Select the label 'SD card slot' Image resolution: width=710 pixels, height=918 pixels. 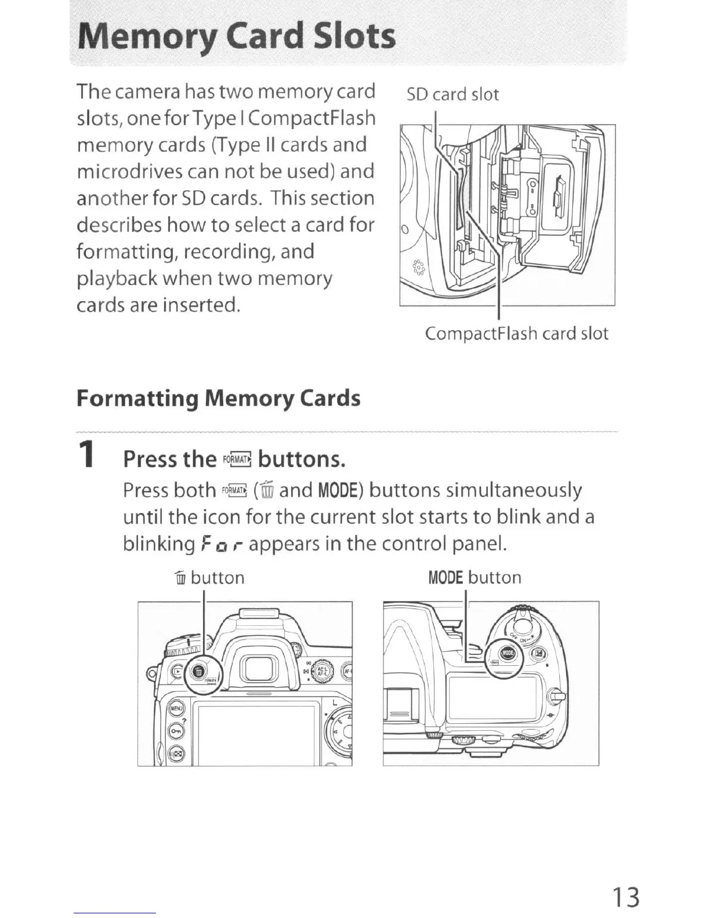coord(452,94)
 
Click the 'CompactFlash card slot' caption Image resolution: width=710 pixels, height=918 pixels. coord(516,333)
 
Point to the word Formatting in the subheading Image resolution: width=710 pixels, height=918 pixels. coord(137,399)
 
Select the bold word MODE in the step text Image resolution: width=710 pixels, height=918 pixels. coord(340,491)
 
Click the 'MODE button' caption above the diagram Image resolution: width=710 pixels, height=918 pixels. coord(474,577)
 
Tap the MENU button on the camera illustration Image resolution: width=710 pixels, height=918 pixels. coord(175,708)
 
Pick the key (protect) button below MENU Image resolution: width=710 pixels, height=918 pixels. coord(175,731)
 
